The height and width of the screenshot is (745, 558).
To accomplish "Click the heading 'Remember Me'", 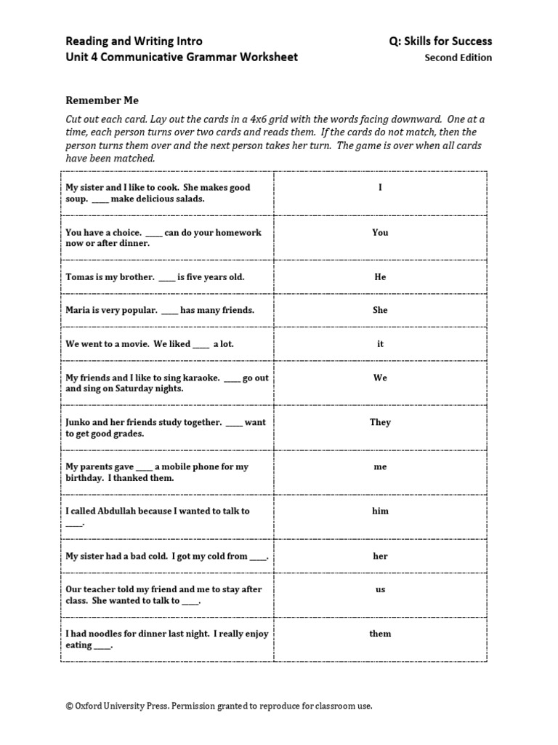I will [x=102, y=100].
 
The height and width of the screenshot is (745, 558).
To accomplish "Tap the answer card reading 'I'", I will [x=380, y=188].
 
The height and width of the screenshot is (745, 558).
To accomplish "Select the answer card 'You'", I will [x=380, y=233].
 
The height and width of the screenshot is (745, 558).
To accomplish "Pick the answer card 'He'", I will [x=380, y=277].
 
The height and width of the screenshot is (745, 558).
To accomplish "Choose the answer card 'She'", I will [x=380, y=311].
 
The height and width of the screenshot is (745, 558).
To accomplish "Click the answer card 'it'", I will [x=380, y=344].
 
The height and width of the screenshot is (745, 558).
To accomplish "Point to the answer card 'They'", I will [x=380, y=422].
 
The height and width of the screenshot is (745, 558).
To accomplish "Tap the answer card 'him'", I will [x=380, y=511].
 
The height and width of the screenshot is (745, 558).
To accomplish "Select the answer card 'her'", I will [x=380, y=557].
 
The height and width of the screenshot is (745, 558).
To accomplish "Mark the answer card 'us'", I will [x=380, y=590].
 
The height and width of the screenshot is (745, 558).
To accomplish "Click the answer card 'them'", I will [x=380, y=634].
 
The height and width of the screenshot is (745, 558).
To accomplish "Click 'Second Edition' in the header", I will [x=458, y=58].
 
